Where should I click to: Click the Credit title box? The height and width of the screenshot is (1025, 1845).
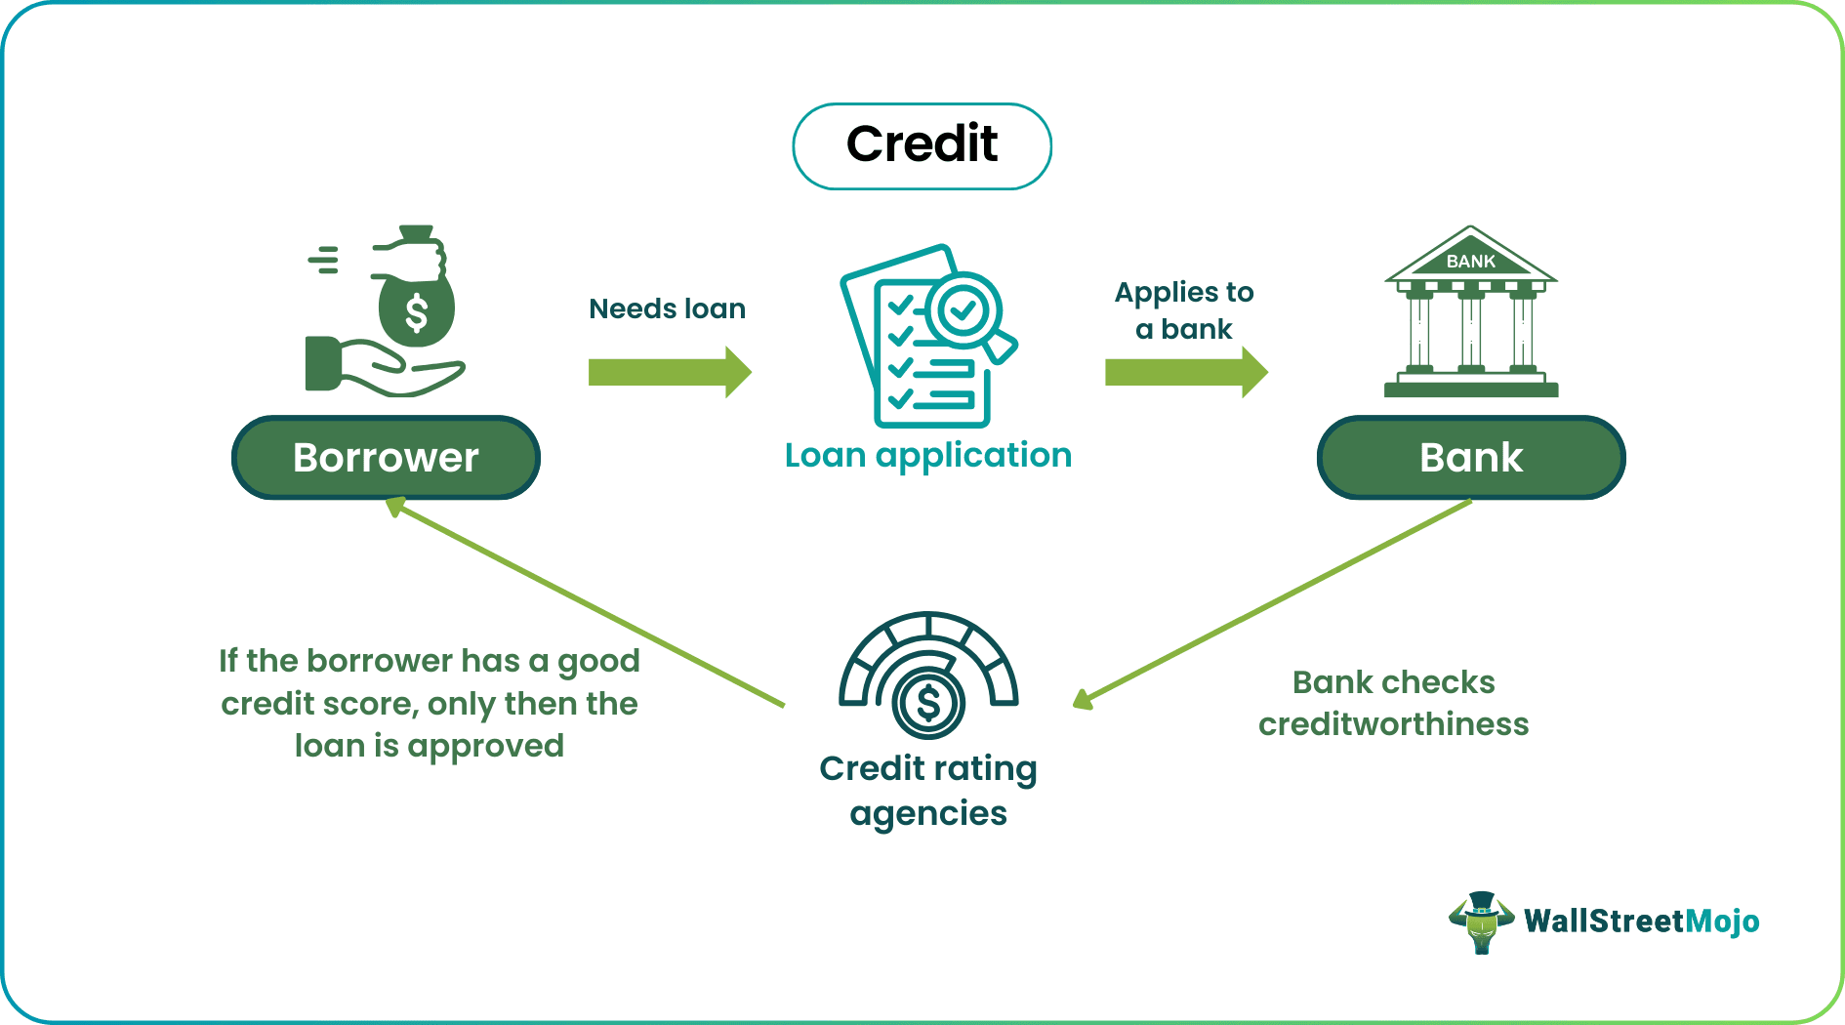click(x=922, y=145)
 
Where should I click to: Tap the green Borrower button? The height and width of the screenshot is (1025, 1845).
click(x=386, y=458)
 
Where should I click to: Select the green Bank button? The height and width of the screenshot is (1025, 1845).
click(x=1470, y=458)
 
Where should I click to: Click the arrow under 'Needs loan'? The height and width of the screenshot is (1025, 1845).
click(x=670, y=372)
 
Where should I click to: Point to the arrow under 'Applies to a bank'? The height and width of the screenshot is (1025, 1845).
click(x=1185, y=372)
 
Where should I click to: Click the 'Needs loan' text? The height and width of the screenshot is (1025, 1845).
click(x=667, y=308)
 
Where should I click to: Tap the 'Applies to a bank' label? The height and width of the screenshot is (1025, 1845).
click(x=1183, y=310)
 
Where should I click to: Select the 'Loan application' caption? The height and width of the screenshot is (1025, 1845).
click(x=927, y=455)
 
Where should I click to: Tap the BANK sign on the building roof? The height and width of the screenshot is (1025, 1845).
click(x=1470, y=261)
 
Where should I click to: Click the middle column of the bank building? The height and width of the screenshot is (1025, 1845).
click(x=1470, y=332)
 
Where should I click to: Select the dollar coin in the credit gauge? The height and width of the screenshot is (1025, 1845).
click(x=928, y=703)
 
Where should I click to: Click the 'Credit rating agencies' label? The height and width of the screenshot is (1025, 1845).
click(x=927, y=791)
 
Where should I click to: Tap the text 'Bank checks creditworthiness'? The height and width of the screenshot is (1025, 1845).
click(x=1393, y=703)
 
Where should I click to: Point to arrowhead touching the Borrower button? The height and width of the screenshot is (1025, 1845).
click(x=395, y=507)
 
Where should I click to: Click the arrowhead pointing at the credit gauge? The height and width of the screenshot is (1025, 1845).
click(x=1083, y=699)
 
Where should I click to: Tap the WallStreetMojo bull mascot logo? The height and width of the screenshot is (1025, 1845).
click(x=1481, y=922)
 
